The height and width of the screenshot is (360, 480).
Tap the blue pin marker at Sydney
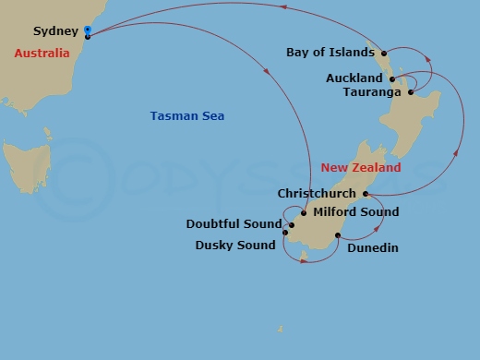click(87, 31)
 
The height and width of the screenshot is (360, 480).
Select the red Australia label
click(42, 54)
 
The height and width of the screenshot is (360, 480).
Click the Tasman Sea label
click(187, 116)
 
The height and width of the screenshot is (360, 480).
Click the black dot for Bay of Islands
click(384, 54)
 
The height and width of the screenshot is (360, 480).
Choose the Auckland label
click(354, 78)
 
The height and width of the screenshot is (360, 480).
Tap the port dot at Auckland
click(392, 79)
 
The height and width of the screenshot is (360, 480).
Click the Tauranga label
click(371, 92)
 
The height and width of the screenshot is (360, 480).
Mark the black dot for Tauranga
click(410, 92)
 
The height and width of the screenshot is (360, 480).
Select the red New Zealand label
click(361, 168)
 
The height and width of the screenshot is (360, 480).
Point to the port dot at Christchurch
click(366, 195)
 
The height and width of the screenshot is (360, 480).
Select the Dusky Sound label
click(235, 245)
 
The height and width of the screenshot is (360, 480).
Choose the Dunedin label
click(373, 246)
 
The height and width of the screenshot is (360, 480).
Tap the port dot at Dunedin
click(338, 236)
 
